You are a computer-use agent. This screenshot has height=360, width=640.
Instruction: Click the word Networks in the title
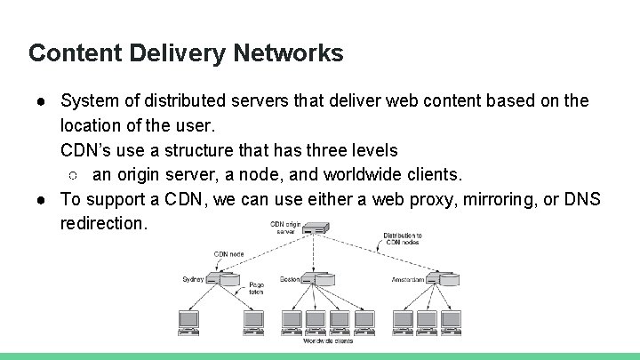tap(288, 53)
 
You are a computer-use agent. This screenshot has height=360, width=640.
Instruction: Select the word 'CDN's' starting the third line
tap(86, 149)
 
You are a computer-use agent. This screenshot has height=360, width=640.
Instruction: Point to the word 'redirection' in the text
tap(102, 223)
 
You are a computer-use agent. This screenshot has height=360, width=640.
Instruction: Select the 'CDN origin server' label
tap(284, 228)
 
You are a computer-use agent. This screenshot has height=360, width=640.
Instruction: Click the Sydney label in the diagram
tap(193, 279)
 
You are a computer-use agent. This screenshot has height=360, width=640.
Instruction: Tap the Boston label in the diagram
tap(290, 279)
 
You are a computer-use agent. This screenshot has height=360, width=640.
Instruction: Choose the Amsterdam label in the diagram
tap(409, 279)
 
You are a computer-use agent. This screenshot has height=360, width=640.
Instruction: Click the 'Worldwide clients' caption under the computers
tap(328, 340)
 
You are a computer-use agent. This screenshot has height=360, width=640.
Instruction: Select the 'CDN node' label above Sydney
tap(228, 254)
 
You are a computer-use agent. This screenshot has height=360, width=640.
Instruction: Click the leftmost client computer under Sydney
tap(188, 320)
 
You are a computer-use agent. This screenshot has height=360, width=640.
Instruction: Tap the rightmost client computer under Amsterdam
tap(452, 320)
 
